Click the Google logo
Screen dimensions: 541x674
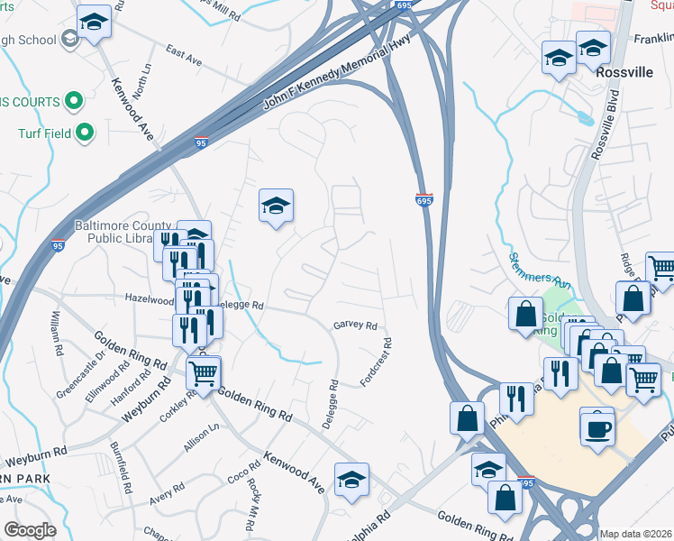point(30,530)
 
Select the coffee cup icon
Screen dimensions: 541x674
point(597,426)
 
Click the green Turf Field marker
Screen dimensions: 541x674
point(86,133)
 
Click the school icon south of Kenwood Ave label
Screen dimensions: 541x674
point(351,480)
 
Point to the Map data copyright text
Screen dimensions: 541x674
point(636,534)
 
